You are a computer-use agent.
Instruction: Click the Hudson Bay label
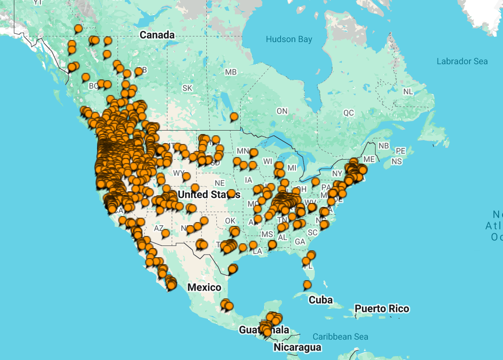click(x=289, y=39)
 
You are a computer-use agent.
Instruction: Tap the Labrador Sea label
click(x=462, y=62)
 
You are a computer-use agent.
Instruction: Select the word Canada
click(x=157, y=35)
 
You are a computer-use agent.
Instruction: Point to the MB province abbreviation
click(x=231, y=72)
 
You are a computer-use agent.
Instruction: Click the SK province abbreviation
click(x=187, y=88)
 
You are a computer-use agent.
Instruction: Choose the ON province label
click(x=282, y=111)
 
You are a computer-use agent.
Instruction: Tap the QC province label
click(x=349, y=113)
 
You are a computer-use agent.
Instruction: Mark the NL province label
click(x=408, y=92)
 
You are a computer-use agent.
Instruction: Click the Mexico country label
click(x=204, y=288)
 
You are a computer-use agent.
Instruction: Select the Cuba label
click(x=320, y=300)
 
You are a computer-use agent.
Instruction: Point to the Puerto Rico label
click(x=382, y=309)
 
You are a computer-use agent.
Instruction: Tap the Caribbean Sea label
click(x=340, y=337)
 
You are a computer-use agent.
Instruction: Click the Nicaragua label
click(x=297, y=347)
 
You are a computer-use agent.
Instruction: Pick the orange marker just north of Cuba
click(x=307, y=285)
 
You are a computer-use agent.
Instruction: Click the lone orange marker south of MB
click(x=234, y=117)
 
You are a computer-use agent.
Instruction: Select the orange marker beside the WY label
click(x=186, y=176)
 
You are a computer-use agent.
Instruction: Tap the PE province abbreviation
click(x=400, y=151)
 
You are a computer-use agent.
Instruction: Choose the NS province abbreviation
click(x=396, y=161)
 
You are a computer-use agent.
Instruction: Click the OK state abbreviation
click(x=230, y=221)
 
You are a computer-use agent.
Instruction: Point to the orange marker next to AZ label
click(x=165, y=233)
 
